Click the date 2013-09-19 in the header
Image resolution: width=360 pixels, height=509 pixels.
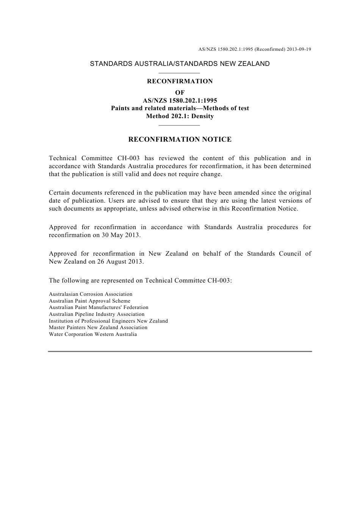click(x=299, y=49)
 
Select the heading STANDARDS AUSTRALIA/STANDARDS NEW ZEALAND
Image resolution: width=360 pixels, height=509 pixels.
click(x=180, y=64)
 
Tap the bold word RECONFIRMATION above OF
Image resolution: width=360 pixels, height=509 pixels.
click(x=180, y=81)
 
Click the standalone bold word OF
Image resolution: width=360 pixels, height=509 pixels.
click(x=180, y=93)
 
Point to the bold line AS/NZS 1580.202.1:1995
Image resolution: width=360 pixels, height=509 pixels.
click(x=180, y=101)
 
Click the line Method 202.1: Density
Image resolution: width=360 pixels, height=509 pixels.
click(x=180, y=116)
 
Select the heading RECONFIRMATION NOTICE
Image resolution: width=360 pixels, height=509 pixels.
click(x=180, y=140)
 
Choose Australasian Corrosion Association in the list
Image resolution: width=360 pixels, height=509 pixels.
click(x=91, y=294)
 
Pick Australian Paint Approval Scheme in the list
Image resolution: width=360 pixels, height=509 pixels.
click(x=89, y=301)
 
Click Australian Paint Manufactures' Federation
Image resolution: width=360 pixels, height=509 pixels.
click(x=99, y=308)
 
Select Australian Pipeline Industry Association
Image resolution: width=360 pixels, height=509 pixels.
click(x=97, y=314)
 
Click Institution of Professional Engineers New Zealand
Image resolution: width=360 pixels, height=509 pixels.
click(x=108, y=321)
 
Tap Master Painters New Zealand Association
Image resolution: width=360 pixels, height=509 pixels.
click(x=98, y=328)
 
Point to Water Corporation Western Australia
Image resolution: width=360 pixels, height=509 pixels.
click(x=93, y=334)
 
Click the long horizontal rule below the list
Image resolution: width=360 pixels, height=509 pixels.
click(x=180, y=351)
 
